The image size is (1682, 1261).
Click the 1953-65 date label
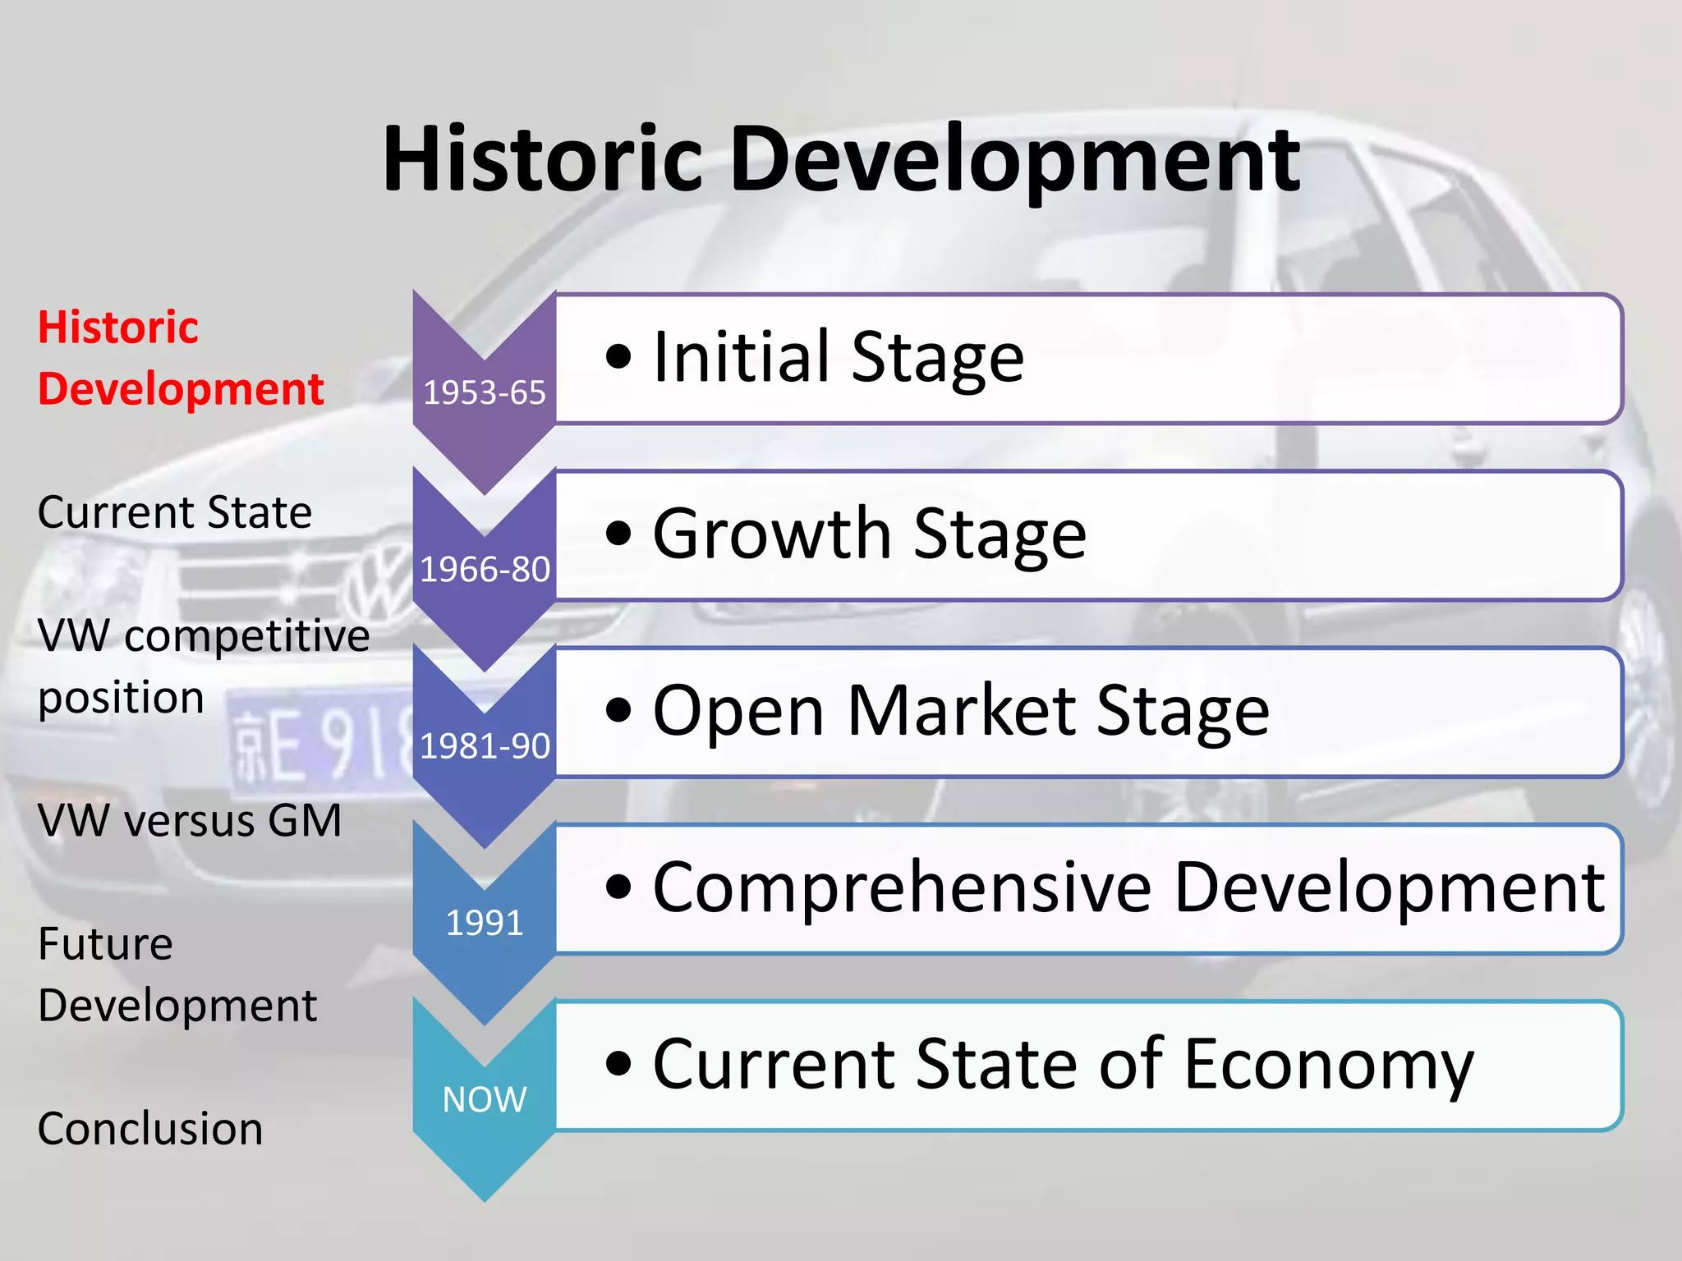484,393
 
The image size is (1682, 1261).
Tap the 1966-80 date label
485,570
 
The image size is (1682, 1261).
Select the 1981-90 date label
485,746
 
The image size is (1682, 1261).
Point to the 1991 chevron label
484,923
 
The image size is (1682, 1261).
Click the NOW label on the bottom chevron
484,1099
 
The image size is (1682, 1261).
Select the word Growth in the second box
771,534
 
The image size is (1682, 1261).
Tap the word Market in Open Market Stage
961,710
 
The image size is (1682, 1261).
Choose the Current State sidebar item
175,512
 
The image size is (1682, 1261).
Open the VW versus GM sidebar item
190,820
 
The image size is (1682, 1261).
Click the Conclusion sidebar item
150,1128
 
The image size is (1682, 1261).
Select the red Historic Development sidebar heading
180,358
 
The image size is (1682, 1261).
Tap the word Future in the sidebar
105,943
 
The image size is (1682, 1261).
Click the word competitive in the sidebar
247,635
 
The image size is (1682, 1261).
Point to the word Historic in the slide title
542,159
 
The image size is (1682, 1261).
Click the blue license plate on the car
320,743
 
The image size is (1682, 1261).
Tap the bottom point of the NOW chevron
485,1199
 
